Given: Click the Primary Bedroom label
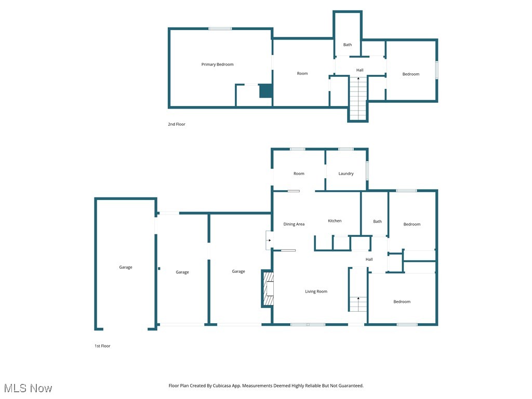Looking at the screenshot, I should click(217, 64).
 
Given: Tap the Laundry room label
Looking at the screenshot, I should click(346, 174).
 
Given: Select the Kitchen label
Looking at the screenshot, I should click(335, 221).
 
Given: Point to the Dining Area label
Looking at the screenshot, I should click(294, 224).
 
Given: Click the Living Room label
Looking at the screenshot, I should click(316, 291).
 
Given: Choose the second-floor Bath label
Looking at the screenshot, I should click(347, 45).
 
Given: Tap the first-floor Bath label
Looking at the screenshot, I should click(377, 221).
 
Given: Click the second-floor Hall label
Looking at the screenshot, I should click(360, 70).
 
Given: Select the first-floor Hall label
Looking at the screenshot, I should click(369, 259).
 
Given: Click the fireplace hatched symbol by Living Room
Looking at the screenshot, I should click(268, 289).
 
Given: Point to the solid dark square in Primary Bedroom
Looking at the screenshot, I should click(265, 91).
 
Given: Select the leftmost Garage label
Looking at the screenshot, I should click(126, 267).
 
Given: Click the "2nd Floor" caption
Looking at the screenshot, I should click(177, 124).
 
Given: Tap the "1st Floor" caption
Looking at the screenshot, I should click(102, 345).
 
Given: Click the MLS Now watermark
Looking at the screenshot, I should click(28, 388).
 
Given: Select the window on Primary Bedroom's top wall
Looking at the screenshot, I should click(220, 29).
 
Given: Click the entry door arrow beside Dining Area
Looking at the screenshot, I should click(269, 240).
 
